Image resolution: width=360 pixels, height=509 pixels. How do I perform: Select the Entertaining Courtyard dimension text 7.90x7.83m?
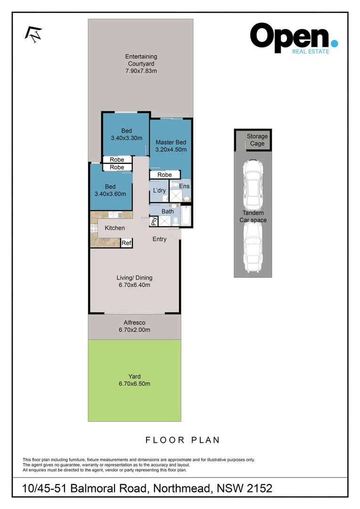(x=141, y=71)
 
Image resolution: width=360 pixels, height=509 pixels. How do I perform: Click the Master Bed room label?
(x=171, y=142)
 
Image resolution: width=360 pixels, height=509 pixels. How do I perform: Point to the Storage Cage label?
(x=257, y=140)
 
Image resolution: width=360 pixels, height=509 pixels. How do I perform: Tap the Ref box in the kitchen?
(x=126, y=243)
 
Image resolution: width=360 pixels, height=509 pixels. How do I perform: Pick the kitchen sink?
(x=115, y=215)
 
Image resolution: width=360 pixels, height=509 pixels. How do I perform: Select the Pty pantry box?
(x=154, y=221)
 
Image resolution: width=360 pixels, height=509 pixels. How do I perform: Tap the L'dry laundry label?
(x=159, y=190)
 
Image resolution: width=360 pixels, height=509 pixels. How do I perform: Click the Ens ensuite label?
(x=184, y=187)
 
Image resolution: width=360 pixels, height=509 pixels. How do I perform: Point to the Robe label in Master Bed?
(x=164, y=175)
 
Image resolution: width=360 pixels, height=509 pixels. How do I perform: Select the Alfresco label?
(x=134, y=322)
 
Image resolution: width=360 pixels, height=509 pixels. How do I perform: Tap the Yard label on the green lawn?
(x=134, y=376)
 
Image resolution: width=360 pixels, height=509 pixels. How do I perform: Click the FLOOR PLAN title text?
(x=182, y=440)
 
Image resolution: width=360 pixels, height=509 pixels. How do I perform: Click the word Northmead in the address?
(x=181, y=488)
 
